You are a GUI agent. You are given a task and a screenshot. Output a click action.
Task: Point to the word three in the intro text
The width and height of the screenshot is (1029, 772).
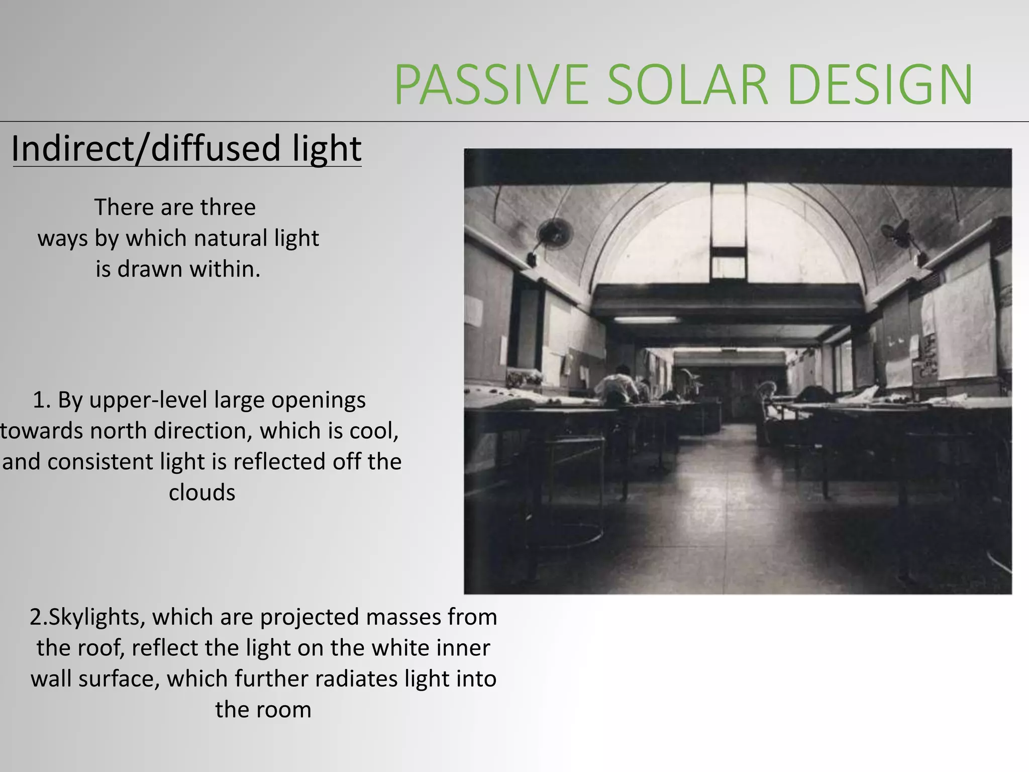(228, 208)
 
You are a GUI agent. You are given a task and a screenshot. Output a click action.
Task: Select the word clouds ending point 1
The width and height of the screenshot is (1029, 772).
(201, 493)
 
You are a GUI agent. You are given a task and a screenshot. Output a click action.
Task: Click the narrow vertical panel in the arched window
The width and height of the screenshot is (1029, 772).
(728, 216)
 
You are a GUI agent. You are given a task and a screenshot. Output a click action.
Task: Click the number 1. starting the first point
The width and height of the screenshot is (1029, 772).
(42, 401)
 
